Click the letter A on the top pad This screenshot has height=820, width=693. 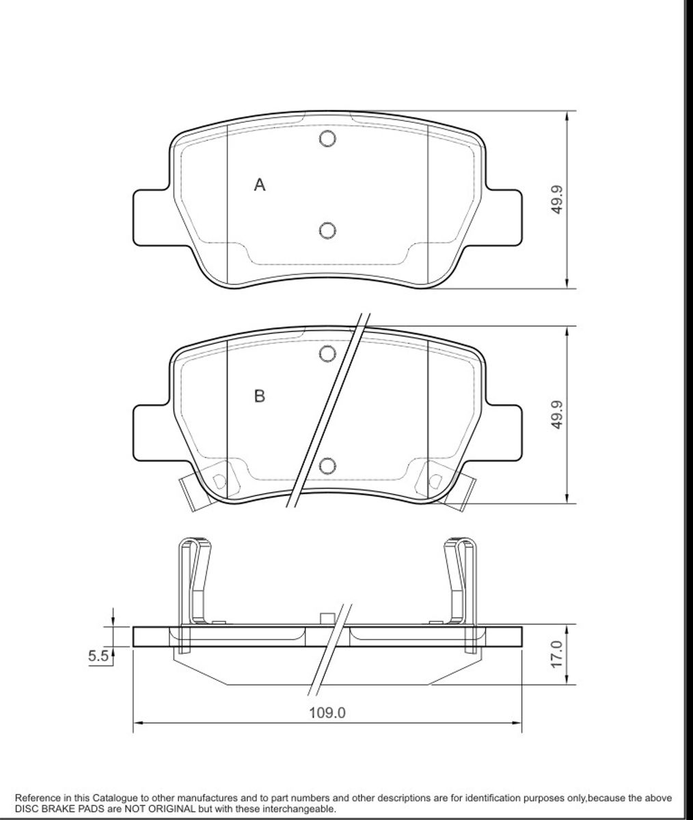tap(260, 184)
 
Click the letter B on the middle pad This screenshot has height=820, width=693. tap(259, 396)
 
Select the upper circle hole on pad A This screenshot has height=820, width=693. tap(328, 139)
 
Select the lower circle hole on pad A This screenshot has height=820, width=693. tap(328, 230)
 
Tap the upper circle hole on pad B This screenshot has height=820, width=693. tap(328, 353)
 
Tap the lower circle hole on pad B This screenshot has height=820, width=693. tap(328, 466)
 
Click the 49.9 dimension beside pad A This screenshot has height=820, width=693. tap(557, 199)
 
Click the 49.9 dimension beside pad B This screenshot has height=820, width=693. tap(557, 415)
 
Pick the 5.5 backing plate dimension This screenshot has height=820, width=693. tap(98, 657)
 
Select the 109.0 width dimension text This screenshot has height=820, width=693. tap(327, 713)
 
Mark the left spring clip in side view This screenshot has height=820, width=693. tap(194, 581)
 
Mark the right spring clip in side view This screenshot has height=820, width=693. tap(461, 581)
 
